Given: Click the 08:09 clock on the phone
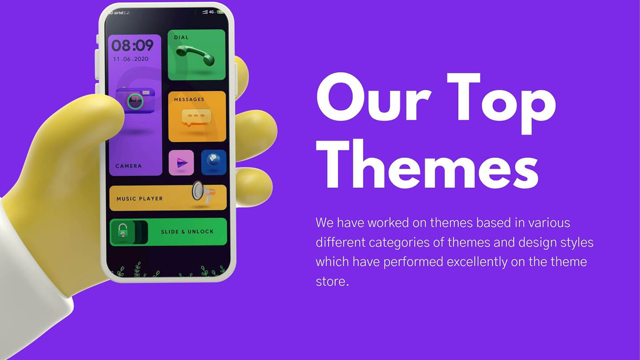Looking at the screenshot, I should [132, 45].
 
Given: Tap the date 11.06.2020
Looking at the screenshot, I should [130, 59].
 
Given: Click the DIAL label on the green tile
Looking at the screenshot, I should [181, 37].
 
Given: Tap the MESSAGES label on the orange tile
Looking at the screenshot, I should [189, 100].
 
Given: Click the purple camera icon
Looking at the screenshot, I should [135, 100].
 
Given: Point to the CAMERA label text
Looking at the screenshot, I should [128, 166].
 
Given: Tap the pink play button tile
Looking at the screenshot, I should [181, 163].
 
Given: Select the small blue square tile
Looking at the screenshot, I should [213, 163].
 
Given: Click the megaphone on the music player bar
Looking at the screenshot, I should [203, 192].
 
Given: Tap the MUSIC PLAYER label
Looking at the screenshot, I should [140, 199].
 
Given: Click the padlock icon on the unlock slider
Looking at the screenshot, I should [123, 231].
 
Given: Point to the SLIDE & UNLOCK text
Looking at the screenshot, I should [187, 232].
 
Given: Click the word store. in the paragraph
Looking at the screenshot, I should [332, 281].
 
